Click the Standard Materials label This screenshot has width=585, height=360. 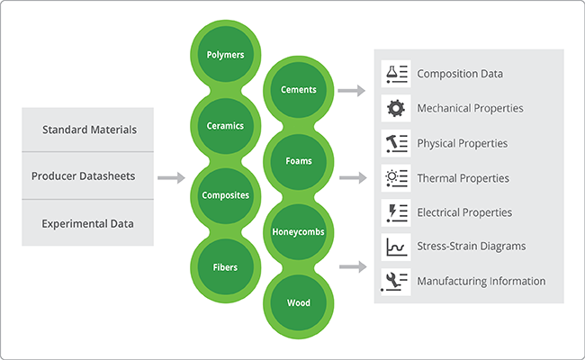pyautogui.click(x=89, y=130)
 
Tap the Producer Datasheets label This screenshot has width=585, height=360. pyautogui.click(x=83, y=176)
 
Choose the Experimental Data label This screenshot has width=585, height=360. pyautogui.click(x=88, y=223)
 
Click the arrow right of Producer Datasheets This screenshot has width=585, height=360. pyautogui.click(x=170, y=178)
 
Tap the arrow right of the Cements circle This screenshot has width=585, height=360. pyautogui.click(x=352, y=90)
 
